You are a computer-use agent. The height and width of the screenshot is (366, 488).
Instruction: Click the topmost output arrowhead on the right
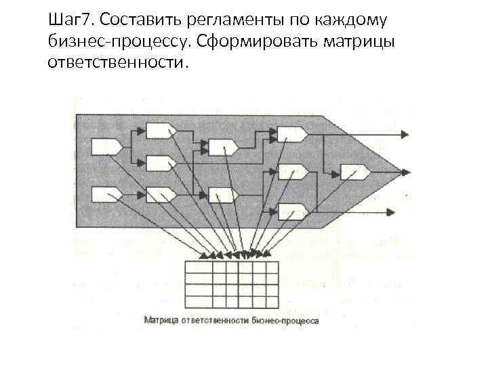click(404, 134)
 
